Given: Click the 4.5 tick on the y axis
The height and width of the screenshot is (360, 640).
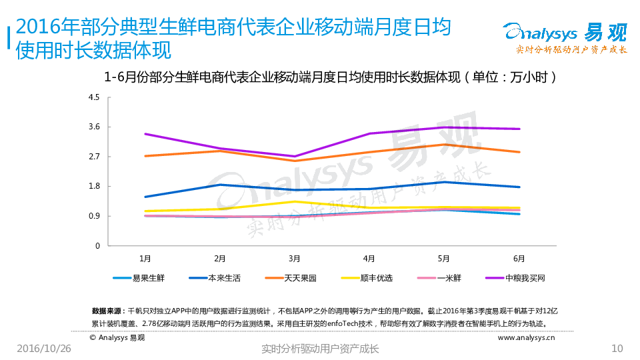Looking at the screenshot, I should pyautogui.click(x=94, y=97).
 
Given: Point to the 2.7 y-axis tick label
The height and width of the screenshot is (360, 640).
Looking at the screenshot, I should pyautogui.click(x=94, y=157).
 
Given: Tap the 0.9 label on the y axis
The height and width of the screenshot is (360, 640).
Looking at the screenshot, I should pyautogui.click(x=94, y=216).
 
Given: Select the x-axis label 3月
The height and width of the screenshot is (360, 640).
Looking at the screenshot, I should pyautogui.click(x=294, y=258).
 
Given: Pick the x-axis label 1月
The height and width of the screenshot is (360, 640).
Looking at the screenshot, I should pyautogui.click(x=145, y=258).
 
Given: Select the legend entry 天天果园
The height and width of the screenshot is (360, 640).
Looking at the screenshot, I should pyautogui.click(x=297, y=277).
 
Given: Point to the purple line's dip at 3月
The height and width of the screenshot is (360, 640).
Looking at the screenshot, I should pyautogui.click(x=294, y=157).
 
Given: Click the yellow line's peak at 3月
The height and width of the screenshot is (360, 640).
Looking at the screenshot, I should pyautogui.click(x=294, y=201).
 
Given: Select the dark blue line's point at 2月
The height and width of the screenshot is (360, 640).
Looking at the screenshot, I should pyautogui.click(x=219, y=185).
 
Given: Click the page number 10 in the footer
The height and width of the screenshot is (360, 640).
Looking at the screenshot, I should pyautogui.click(x=617, y=349).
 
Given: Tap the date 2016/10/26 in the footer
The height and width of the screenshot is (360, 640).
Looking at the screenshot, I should pyautogui.click(x=43, y=349).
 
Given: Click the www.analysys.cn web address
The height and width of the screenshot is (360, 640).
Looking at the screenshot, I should pyautogui.click(x=526, y=337).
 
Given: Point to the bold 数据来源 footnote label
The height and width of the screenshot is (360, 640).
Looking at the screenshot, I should pyautogui.click(x=106, y=311).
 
